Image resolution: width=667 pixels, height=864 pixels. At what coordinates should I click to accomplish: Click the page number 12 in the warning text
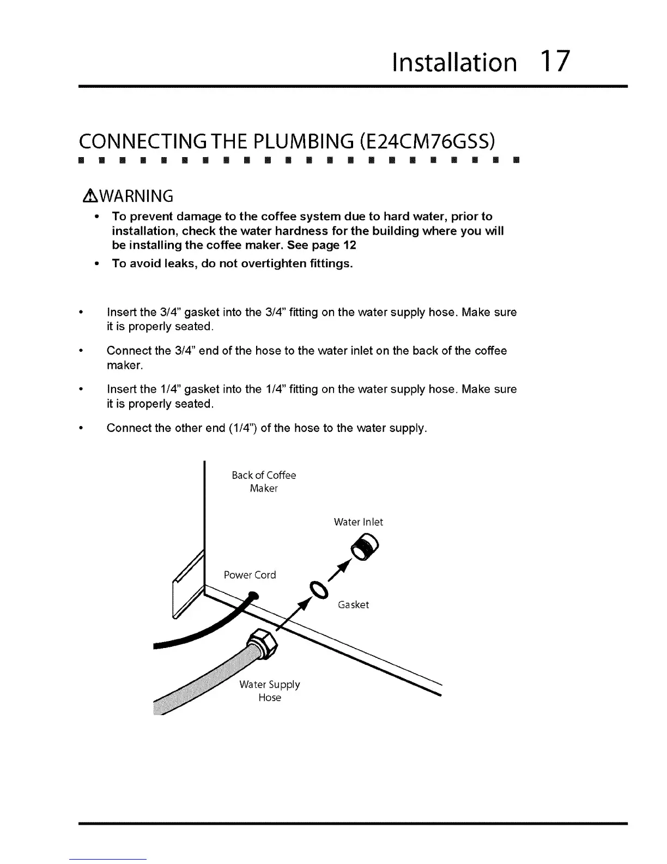(x=349, y=245)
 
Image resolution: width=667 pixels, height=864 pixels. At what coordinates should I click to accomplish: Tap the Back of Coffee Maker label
(x=264, y=482)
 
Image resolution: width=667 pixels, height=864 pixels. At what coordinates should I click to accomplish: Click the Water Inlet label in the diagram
(x=358, y=522)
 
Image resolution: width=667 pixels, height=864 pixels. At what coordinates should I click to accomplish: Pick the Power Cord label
(x=250, y=575)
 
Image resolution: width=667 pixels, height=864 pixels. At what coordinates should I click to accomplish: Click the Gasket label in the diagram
(x=353, y=605)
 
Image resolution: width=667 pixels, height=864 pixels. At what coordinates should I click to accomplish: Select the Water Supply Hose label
(x=270, y=691)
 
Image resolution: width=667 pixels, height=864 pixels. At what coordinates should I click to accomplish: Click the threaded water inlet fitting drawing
(x=367, y=546)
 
